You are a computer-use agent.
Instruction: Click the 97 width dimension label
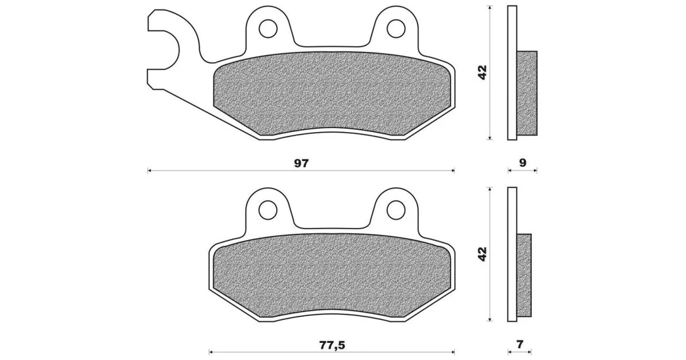click(x=301, y=163)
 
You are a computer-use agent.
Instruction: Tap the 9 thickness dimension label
click(x=522, y=163)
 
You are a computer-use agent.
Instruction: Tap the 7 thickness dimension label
click(x=520, y=344)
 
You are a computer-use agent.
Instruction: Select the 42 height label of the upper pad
click(x=482, y=72)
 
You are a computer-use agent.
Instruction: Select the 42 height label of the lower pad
click(x=482, y=254)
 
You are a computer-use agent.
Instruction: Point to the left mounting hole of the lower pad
click(x=268, y=210)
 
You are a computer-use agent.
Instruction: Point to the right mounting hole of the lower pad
click(x=396, y=209)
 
